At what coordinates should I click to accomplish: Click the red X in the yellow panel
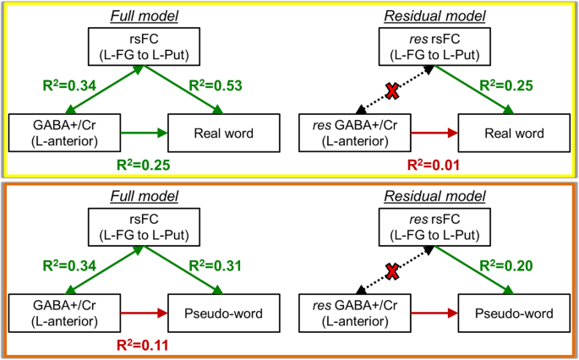391,91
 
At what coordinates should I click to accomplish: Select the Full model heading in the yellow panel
146,15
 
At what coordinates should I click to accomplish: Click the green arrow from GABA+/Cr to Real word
146,133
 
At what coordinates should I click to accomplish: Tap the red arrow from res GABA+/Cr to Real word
434,133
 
